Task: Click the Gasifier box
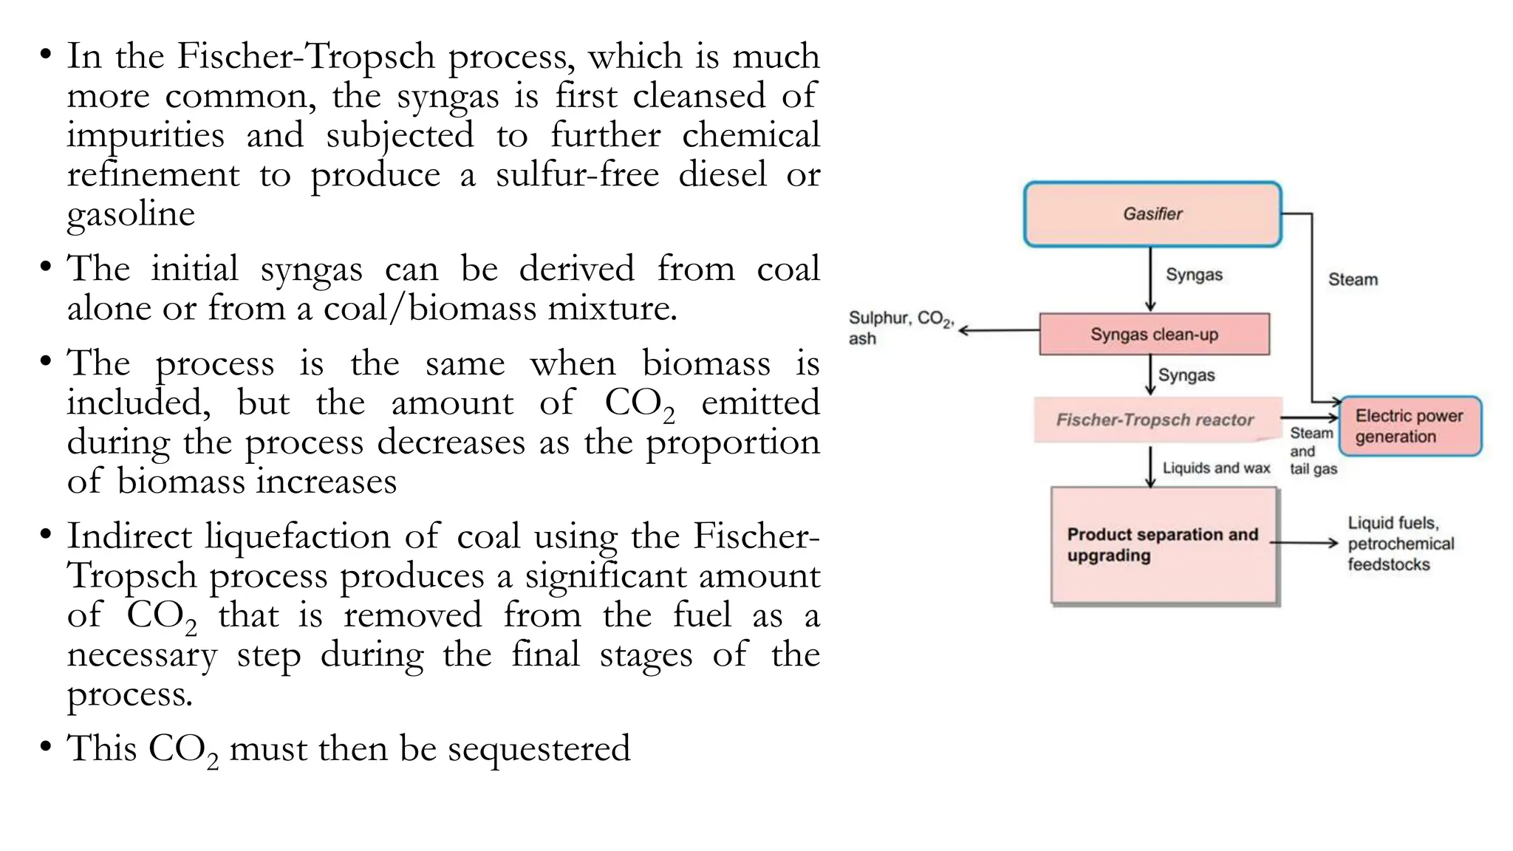coord(1152,214)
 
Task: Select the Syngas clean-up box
coord(1154,335)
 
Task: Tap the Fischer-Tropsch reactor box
coord(1155,420)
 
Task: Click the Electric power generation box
coord(1410,426)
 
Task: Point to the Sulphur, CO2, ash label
coord(900,328)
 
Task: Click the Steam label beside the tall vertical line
coord(1353,280)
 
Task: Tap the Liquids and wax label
coord(1216,468)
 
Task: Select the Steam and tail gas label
coord(1312,451)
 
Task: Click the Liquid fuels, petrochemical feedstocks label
coord(1399,544)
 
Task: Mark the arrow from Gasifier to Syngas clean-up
coord(1150,279)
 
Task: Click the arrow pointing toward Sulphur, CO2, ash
coord(998,330)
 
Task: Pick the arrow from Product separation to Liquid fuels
coord(1305,543)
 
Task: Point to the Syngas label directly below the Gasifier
coord(1194,275)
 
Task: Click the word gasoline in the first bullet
coord(131,214)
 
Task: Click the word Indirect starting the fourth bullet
coord(129,536)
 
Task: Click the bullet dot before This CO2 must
coord(46,747)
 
